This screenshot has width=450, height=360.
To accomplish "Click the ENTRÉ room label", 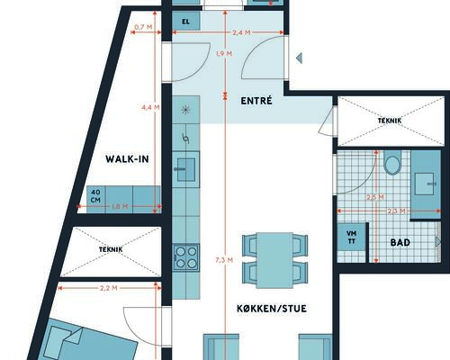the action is click(256, 101).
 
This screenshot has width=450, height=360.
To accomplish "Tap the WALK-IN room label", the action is click(127, 159).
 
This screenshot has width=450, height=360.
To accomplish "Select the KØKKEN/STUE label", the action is click(272, 309).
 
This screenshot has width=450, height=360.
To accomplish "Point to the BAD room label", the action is click(400, 242).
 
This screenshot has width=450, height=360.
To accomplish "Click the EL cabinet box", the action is click(186, 22).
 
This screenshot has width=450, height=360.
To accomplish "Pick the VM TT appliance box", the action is click(351, 237).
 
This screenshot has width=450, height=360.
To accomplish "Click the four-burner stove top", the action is click(186, 257).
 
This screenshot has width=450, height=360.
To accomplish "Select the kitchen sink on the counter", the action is click(185, 169).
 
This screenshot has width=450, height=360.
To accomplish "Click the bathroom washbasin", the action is click(425, 184).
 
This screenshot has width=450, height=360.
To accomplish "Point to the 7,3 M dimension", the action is click(224, 260).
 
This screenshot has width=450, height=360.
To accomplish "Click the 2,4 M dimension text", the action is click(241, 32).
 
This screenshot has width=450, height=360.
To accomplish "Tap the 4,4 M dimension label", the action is click(150, 107).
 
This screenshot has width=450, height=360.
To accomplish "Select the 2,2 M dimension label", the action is click(109, 288).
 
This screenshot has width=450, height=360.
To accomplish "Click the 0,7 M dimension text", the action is click(143, 27).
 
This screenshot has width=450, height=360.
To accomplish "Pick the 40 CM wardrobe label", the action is click(95, 195).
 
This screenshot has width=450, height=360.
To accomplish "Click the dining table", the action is click(274, 260).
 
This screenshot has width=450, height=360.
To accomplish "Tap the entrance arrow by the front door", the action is click(299, 58).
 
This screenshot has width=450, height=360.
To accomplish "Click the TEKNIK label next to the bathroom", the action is click(390, 121).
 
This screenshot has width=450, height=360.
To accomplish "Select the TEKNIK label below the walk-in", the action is click(111, 249).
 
